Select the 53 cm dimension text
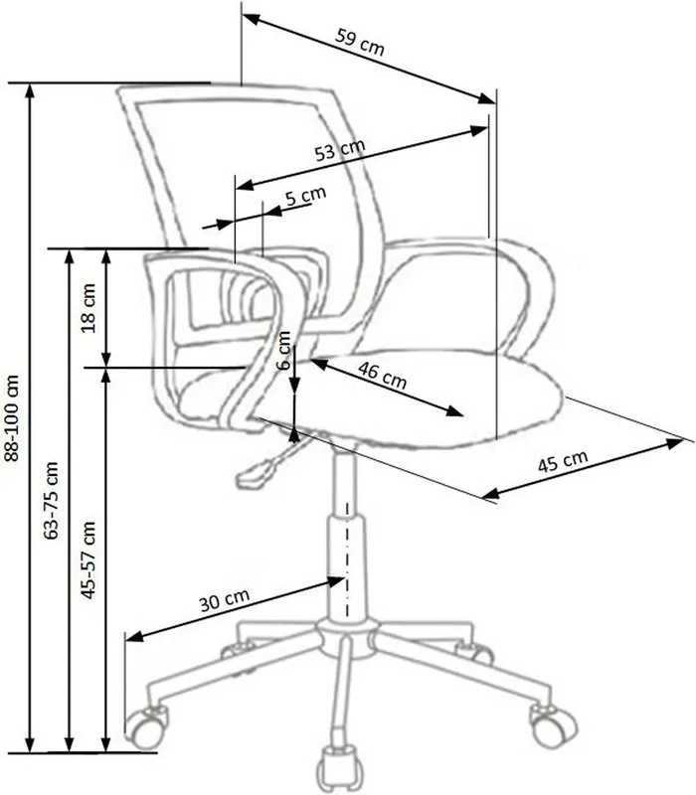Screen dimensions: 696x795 click(340, 150)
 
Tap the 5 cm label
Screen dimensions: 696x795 click(306, 195)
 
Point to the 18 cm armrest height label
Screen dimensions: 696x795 click(88, 308)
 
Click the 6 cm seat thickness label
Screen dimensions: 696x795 click(284, 351)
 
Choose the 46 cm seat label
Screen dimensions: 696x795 click(382, 376)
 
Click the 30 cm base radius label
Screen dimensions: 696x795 click(224, 600)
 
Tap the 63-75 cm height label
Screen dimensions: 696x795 click(52, 500)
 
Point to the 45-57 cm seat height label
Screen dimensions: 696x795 click(88, 559)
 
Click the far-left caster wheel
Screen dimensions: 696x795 click(145, 727)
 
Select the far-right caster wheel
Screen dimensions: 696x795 click(552, 725)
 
